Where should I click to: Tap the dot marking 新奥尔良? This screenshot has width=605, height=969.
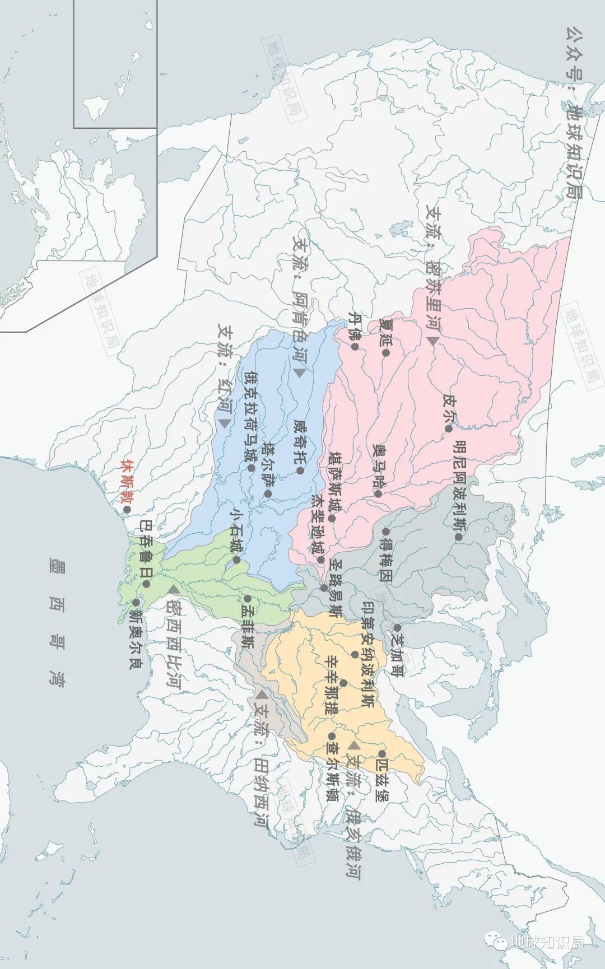point(136,602)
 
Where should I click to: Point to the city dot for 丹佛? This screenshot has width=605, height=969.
point(355,347)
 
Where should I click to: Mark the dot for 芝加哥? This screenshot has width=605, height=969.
point(397,628)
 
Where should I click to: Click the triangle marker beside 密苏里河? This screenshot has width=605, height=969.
point(432,341)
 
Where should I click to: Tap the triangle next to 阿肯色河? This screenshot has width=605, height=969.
point(300,372)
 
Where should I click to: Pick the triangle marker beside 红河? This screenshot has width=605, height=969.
point(225,423)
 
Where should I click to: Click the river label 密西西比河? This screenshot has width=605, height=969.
point(174,644)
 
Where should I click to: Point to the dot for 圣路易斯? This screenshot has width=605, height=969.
point(324,588)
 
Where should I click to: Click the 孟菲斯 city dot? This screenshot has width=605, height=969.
point(247,598)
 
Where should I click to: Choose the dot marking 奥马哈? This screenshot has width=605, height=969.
point(378,494)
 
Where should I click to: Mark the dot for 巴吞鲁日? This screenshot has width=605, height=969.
point(146,584)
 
